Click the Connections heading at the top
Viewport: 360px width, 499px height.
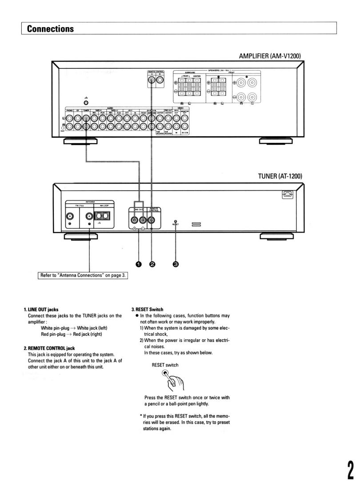[49, 28]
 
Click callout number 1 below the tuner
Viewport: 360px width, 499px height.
[139, 264]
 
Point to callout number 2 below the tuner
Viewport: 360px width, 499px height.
[152, 264]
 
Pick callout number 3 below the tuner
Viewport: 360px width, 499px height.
[176, 264]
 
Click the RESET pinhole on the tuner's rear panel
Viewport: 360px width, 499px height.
[176, 221]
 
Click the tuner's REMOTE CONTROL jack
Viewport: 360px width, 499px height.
[152, 219]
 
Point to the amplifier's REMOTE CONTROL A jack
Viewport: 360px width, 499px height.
[152, 81]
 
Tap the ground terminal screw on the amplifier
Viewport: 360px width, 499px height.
[85, 103]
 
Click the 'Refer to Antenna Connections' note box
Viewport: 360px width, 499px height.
[83, 275]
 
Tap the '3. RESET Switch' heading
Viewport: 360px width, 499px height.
[148, 309]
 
